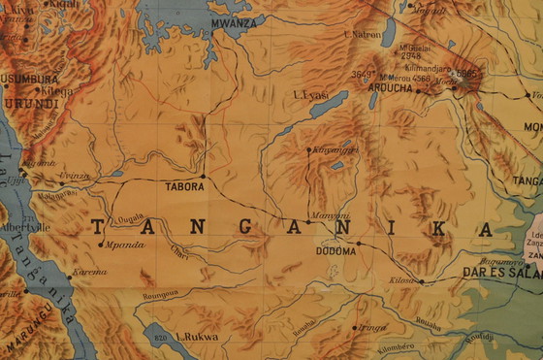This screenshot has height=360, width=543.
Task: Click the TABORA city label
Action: click(184, 186)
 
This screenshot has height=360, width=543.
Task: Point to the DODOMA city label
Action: click(335, 250)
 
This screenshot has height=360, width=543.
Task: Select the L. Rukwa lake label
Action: click(197, 338)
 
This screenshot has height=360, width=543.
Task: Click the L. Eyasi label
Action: click(307, 94)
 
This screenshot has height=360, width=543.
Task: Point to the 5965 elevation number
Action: click(468, 72)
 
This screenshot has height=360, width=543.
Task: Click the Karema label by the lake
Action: click(89, 272)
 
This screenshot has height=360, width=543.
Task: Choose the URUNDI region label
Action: click(30, 101)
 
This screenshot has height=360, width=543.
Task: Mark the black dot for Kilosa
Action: click(421, 281)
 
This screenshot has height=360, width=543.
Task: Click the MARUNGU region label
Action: click(32, 339)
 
